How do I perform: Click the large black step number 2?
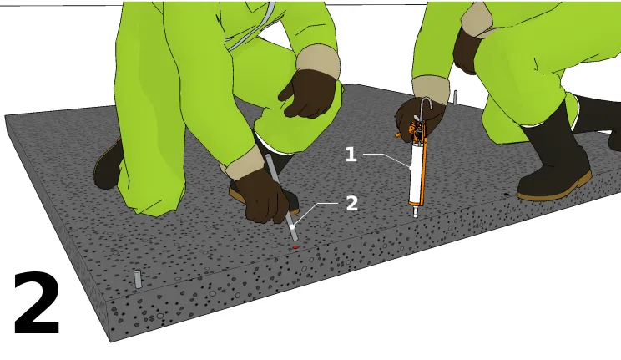tap(37, 303)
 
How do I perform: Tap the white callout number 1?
tap(351, 154)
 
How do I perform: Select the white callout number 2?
tap(351, 204)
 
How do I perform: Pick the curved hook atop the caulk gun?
tap(426, 107)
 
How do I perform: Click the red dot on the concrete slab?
tap(295, 247)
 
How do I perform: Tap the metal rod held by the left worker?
tap(281, 197)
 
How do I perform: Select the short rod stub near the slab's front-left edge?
tap(138, 279)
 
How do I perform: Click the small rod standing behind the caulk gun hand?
tap(456, 98)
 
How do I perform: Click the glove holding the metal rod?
tap(264, 196)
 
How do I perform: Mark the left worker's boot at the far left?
tap(109, 165)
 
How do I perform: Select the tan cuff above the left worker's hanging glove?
tap(318, 63)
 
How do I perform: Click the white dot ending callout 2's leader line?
tap(292, 227)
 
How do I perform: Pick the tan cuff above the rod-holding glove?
tap(241, 163)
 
